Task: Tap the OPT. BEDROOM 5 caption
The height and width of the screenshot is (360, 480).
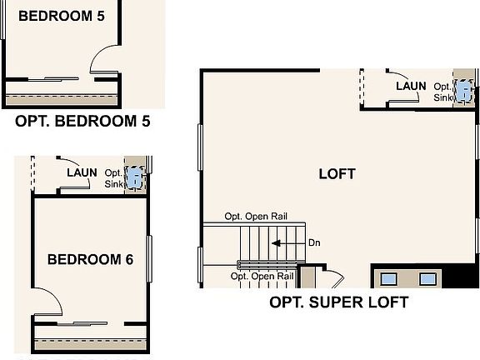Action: point(82,122)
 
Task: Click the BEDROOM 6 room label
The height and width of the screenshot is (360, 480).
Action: point(90,259)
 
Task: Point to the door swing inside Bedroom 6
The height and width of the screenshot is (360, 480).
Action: point(47,303)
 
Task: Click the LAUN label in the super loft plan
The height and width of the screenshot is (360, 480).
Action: point(411,86)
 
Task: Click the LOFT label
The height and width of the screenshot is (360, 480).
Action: point(337,174)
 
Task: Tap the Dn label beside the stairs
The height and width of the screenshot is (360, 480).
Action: point(313,243)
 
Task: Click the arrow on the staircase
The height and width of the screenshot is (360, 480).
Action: point(286,243)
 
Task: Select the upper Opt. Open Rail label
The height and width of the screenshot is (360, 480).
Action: point(256,217)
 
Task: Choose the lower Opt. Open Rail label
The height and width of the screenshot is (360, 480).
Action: point(262,276)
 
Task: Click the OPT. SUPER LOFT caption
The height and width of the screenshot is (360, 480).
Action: point(338,302)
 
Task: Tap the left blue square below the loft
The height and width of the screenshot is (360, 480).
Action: point(390,279)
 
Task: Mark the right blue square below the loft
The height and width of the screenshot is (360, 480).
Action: point(427,279)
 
